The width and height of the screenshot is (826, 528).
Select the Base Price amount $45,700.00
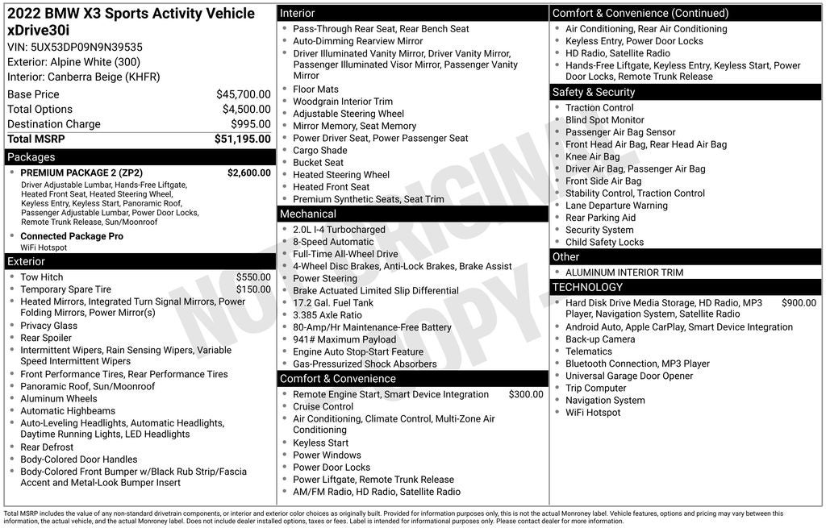point(243,94)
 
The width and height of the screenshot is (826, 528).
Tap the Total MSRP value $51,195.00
point(242,139)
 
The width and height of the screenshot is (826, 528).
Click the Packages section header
point(31,157)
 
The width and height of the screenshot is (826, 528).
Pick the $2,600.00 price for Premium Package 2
point(248,173)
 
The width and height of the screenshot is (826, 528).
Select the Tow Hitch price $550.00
point(253,277)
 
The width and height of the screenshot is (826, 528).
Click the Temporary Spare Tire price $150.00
point(253,289)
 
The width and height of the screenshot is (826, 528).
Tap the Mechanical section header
point(308,214)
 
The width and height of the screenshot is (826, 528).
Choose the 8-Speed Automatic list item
point(333,242)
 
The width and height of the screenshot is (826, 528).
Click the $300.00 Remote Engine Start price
point(526,395)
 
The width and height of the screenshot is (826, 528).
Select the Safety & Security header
point(594,93)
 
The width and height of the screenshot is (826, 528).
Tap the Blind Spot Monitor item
point(605,120)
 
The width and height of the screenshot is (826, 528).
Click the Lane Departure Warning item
point(616,206)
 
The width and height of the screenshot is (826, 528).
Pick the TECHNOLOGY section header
point(588,288)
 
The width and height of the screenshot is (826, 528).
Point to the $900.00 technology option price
point(799,303)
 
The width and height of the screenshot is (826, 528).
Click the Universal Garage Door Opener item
point(629,376)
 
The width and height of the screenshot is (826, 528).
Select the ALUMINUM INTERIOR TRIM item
point(624,272)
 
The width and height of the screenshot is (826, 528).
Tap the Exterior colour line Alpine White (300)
point(73,62)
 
